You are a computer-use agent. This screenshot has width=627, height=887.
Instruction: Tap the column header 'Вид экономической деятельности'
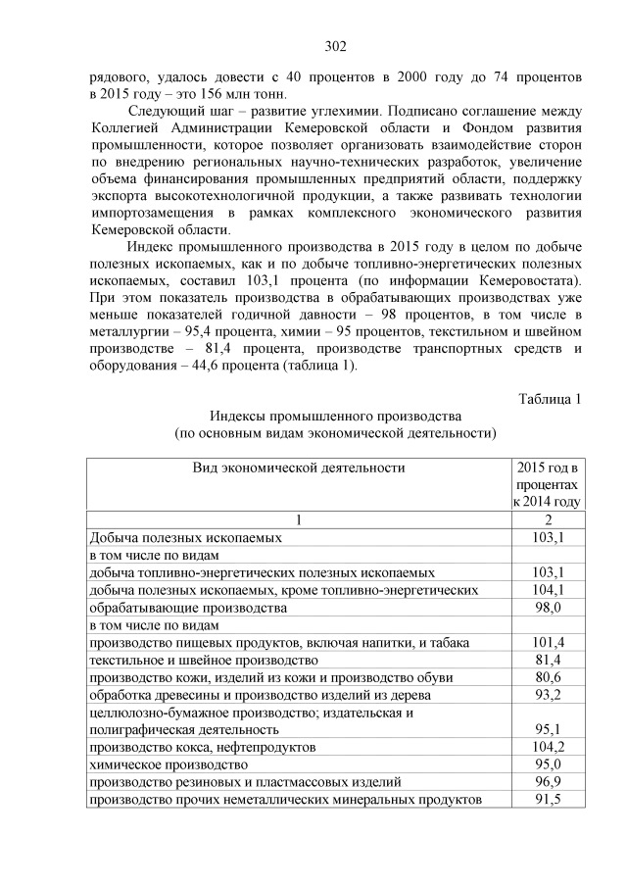298,468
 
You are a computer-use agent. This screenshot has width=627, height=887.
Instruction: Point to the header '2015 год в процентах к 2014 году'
547,484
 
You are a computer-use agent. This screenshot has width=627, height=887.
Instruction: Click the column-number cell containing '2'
548,519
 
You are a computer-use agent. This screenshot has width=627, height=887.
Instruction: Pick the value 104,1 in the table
548,589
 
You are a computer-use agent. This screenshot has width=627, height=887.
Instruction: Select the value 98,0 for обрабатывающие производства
548,607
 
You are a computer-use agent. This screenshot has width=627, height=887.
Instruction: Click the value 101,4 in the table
548,642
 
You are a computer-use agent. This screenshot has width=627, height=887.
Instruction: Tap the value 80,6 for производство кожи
548,676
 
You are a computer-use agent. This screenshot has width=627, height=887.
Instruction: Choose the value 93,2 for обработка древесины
548,694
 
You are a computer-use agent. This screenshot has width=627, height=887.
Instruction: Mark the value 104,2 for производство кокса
548,747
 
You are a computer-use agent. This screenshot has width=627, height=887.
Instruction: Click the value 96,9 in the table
548,782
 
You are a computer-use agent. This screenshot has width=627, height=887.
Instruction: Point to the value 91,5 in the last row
548,800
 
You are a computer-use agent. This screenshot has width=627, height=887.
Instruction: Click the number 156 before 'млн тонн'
208,94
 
